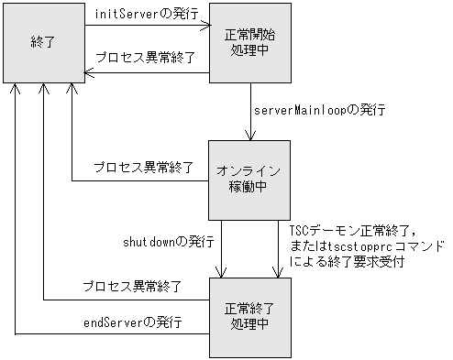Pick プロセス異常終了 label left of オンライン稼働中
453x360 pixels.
[144, 168]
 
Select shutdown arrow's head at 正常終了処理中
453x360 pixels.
[220, 272]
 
